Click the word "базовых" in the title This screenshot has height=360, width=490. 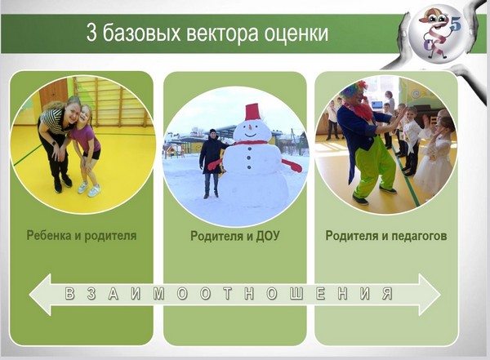pyautogui.click(x=141, y=33)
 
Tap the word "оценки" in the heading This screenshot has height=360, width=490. pyautogui.click(x=296, y=33)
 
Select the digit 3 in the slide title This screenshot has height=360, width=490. pyautogui.click(x=91, y=33)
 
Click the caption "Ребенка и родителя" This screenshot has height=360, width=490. pyautogui.click(x=82, y=236)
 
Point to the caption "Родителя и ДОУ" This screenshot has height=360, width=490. pyautogui.click(x=235, y=236)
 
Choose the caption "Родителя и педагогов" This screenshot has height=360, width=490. pyautogui.click(x=386, y=236)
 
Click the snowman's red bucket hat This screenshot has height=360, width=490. pyautogui.click(x=252, y=112)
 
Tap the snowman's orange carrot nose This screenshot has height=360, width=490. pyautogui.click(x=250, y=127)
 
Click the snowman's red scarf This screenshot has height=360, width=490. pyautogui.click(x=250, y=143)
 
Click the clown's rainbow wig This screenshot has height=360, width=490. pyautogui.click(x=354, y=89)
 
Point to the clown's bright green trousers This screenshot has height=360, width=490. pyautogui.click(x=375, y=169)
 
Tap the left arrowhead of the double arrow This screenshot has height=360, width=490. pyautogui.click(x=40, y=295)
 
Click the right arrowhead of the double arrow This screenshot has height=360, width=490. pyautogui.click(x=430, y=295)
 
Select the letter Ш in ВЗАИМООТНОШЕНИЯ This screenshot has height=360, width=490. pyautogui.click(x=296, y=293)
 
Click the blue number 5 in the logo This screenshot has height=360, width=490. pyautogui.click(x=456, y=24)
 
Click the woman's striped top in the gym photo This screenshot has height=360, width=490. pyautogui.click(x=54, y=119)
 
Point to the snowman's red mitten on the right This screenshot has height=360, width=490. pyautogui.click(x=293, y=166)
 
